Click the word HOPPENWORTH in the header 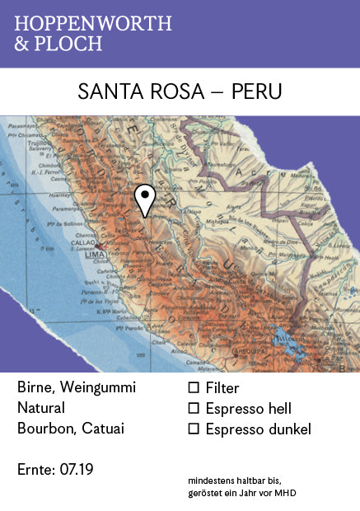click(93, 24)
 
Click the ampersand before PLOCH click(21, 44)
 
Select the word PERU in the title click(256, 91)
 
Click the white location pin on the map click(145, 199)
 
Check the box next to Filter click(194, 387)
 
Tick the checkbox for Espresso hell click(194, 408)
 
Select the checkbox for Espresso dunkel click(194, 429)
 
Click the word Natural click(40, 408)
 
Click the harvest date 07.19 click(77, 470)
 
